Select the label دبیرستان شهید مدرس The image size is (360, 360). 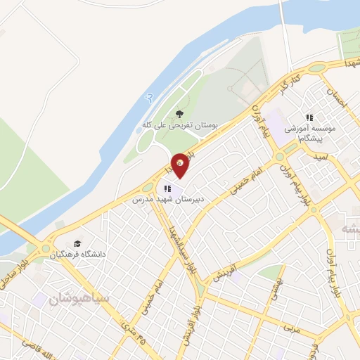click(x=169, y=200)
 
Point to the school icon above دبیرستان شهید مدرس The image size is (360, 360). click(x=167, y=188)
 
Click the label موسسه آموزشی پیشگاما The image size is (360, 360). click(x=308, y=130)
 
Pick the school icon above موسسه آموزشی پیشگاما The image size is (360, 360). click(x=308, y=117)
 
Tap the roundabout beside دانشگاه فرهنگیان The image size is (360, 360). click(x=46, y=248)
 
